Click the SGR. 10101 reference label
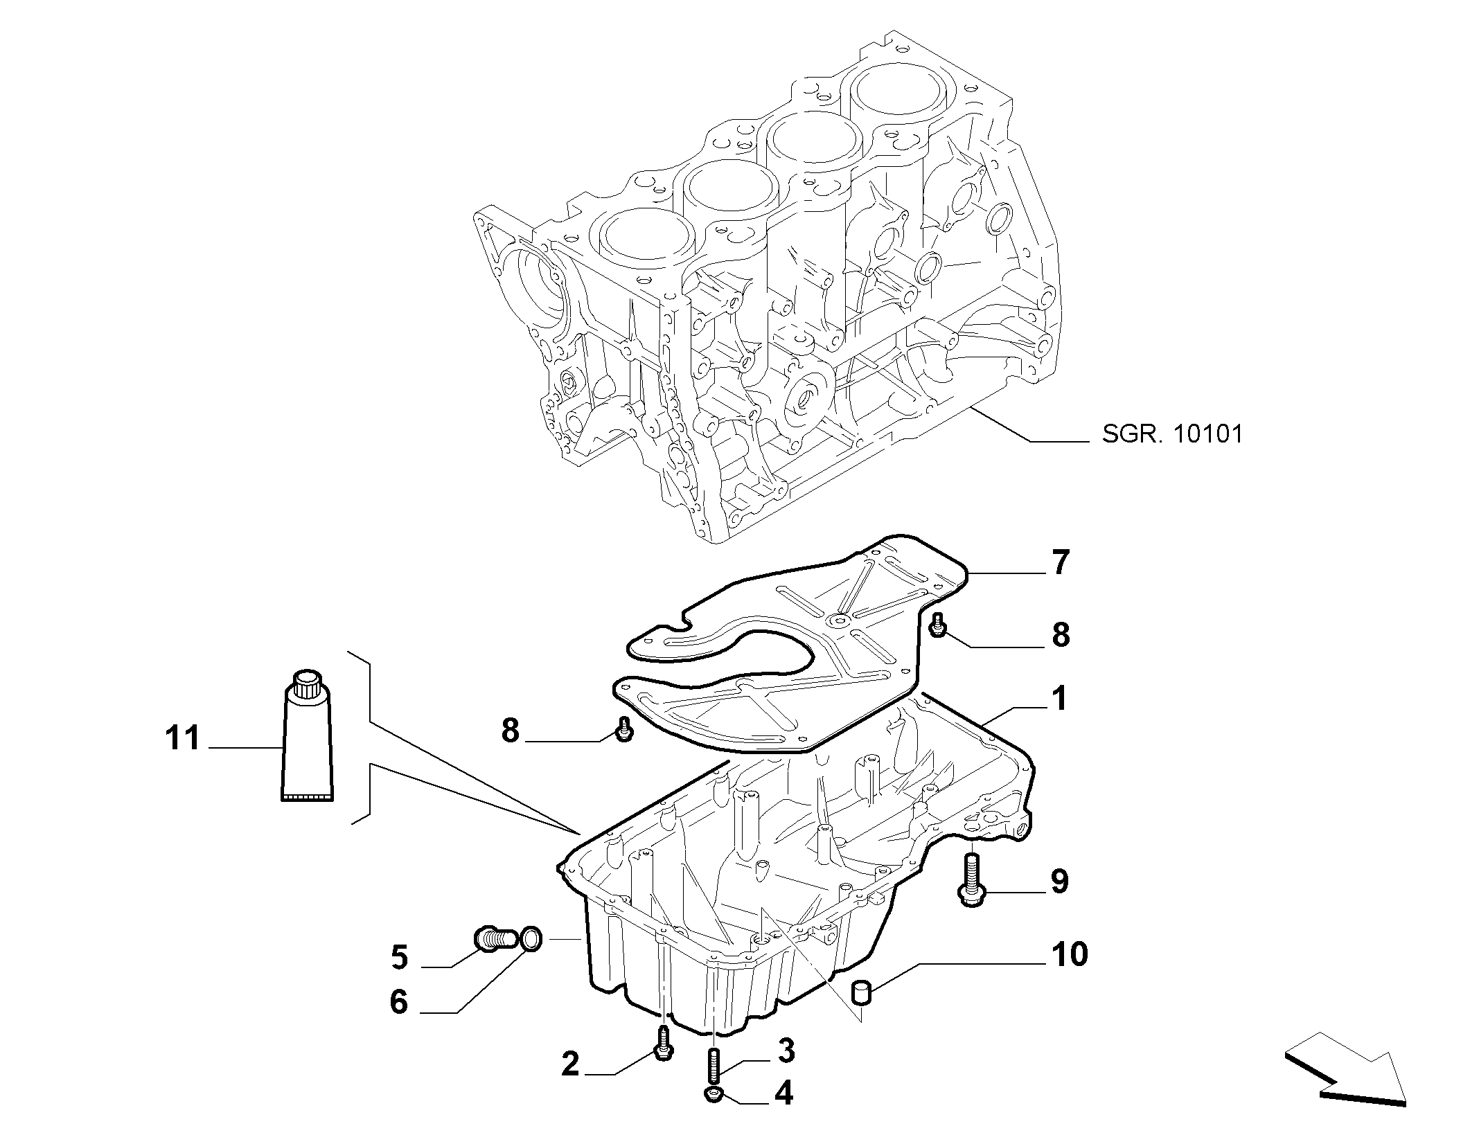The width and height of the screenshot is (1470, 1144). (1172, 434)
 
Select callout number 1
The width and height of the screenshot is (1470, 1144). (1059, 699)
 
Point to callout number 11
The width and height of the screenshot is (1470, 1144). (183, 738)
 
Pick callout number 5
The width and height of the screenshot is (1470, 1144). (399, 957)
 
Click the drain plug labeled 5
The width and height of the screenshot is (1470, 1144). (495, 939)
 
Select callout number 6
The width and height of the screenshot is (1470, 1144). (399, 1001)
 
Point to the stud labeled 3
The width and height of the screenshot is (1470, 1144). (713, 1084)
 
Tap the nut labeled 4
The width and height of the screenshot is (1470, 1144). (714, 1114)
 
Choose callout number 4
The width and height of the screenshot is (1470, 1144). (783, 1113)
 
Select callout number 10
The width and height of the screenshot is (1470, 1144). (1070, 954)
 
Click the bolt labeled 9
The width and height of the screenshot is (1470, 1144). (971, 879)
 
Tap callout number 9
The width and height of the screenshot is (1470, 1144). (1060, 882)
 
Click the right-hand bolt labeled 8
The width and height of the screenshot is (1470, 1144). (938, 625)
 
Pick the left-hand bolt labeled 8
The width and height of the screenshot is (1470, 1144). (624, 729)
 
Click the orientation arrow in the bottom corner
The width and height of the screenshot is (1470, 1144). (1344, 1086)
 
